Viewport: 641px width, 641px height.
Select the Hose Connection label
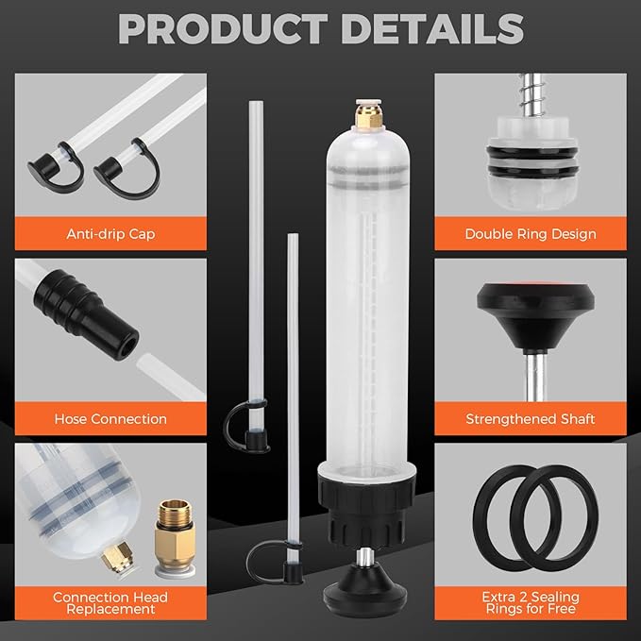click(110, 418)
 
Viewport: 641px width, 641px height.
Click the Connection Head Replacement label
click(110, 603)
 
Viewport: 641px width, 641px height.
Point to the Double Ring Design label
click(529, 233)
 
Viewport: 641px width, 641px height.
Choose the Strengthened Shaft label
click(530, 418)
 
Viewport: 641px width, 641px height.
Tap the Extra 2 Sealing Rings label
click(530, 603)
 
